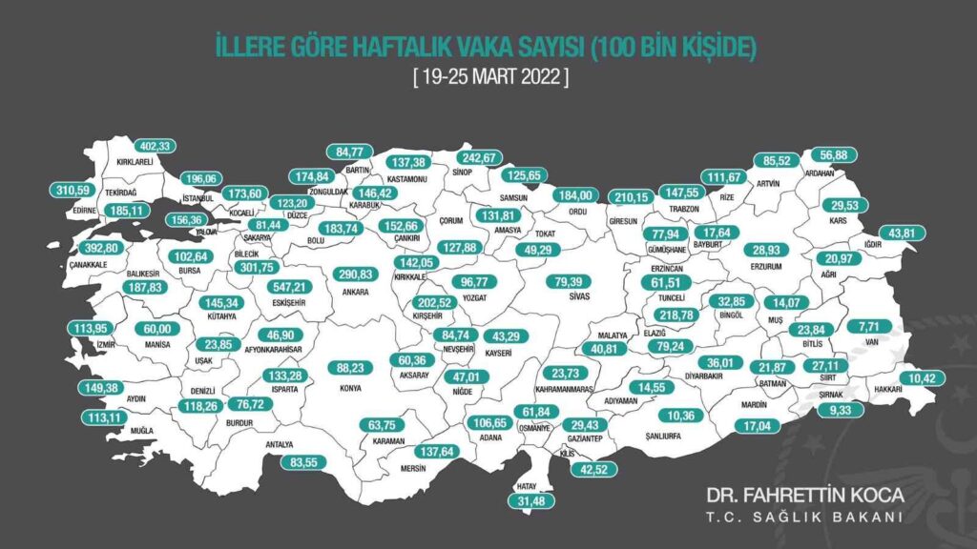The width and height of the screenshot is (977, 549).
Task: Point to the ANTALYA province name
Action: pos(280,444)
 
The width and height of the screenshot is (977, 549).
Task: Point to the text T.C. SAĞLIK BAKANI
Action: pos(804,517)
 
